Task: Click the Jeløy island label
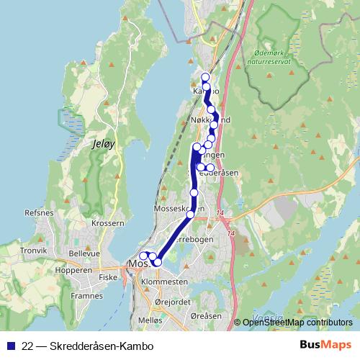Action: pyautogui.click(x=104, y=144)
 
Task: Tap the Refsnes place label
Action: pyautogui.click(x=39, y=213)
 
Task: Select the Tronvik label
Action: pyautogui.click(x=33, y=251)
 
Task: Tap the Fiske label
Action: pyautogui.click(x=108, y=276)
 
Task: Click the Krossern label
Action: pyautogui.click(x=108, y=224)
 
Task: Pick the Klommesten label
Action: pyautogui.click(x=165, y=282)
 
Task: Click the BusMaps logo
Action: pyautogui.click(x=325, y=346)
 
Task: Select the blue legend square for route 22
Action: pyautogui.click(x=11, y=346)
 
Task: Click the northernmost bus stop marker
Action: pyautogui.click(x=205, y=77)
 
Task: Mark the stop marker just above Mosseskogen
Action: pyautogui.click(x=194, y=193)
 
